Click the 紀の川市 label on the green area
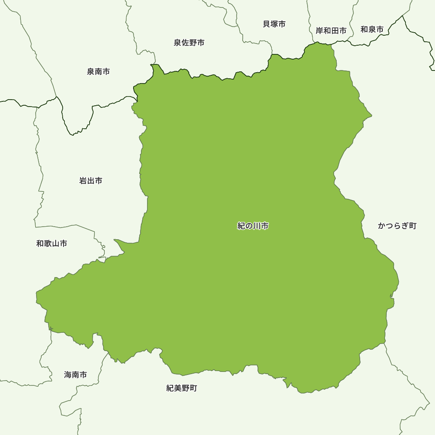253,226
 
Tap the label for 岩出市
91,181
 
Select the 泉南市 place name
98,71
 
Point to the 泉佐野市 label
189,43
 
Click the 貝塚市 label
274,24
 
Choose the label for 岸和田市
331,30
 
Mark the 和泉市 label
372,29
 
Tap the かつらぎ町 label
397,226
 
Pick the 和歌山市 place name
52,243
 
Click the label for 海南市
76,375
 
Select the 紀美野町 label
182,388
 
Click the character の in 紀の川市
249,226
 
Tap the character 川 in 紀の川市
257,226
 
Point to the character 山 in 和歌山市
56,243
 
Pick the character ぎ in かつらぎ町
405,226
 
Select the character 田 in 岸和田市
335,30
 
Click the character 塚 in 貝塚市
274,24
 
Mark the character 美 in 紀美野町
178,388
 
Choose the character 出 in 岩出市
91,181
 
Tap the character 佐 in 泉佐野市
185,43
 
